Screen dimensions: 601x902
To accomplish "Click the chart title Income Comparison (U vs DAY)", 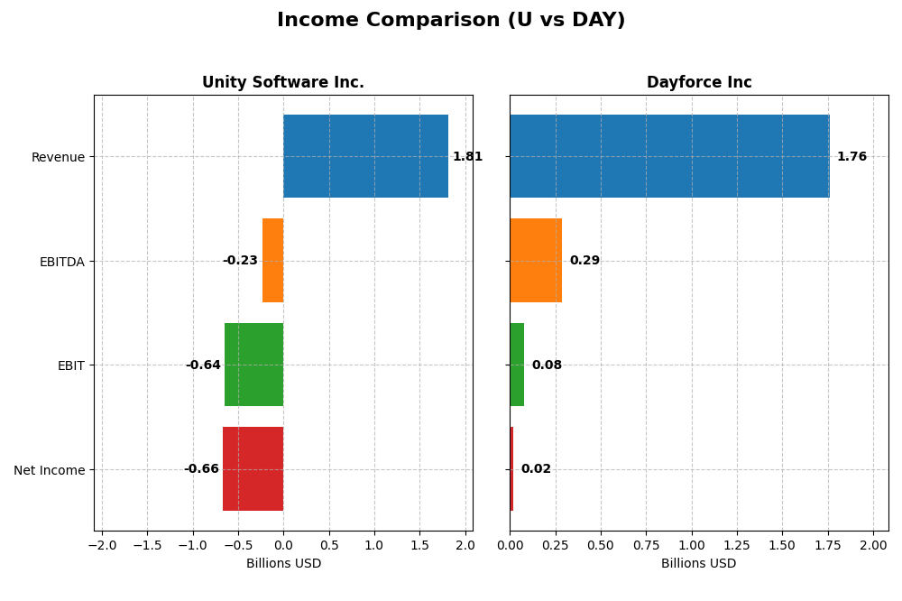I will (450, 20).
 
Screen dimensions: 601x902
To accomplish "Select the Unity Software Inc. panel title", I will (282, 82).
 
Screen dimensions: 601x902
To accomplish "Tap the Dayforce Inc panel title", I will (698, 82).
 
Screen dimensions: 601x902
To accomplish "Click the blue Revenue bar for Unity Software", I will (365, 156).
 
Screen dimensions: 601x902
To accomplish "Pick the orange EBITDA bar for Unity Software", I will (272, 260).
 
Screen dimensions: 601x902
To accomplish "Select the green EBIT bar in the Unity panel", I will (253, 365).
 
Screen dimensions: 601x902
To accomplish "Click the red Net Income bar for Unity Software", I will (253, 468).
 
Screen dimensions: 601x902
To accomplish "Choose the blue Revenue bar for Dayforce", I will (669, 156).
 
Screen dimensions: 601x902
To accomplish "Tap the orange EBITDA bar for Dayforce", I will (536, 260).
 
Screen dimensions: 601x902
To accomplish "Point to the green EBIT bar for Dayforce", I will (517, 365).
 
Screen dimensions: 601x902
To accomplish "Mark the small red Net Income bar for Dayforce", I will (511, 468).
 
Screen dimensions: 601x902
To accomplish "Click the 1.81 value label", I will (467, 156).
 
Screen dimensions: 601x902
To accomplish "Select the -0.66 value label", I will (201, 468).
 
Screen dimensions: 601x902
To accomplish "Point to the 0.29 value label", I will (584, 260).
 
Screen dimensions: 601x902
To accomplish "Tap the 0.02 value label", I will (536, 468).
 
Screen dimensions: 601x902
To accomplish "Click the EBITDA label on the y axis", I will (61, 262).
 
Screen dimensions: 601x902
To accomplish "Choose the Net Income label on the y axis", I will (49, 470).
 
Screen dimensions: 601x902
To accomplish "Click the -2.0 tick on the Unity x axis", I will (102, 545).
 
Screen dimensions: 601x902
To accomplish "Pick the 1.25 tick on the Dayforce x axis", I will (737, 545).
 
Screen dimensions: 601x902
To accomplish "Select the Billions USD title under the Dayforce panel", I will (698, 563).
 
